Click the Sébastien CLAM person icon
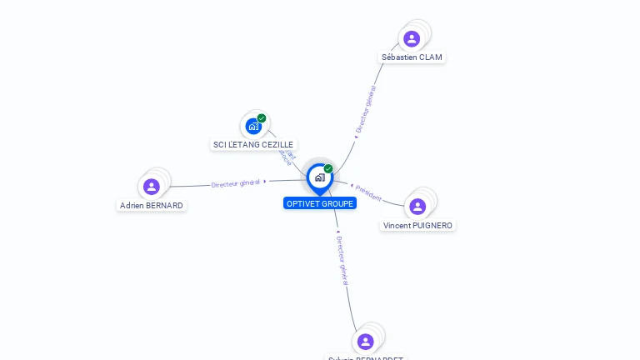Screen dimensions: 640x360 (412, 38)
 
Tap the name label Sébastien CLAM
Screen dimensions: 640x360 (412, 57)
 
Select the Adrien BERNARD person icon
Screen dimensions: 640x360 (151, 187)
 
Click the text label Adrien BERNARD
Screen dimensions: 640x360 (152, 205)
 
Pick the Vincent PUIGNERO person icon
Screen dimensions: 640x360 (417, 207)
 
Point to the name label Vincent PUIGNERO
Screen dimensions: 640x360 (418, 225)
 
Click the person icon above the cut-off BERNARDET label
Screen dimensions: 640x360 (365, 342)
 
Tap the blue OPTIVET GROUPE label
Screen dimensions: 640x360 (320, 203)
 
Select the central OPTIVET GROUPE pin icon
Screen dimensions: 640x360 (319, 177)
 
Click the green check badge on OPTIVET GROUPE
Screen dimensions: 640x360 (328, 168)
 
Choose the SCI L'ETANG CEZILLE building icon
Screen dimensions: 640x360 (253, 127)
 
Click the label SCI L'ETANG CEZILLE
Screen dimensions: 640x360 (253, 145)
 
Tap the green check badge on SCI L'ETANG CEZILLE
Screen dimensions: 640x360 (262, 118)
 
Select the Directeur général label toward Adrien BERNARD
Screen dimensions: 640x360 (237, 182)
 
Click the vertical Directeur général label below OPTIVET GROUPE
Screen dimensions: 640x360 (342, 260)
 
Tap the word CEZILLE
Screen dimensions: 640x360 (277, 145)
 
